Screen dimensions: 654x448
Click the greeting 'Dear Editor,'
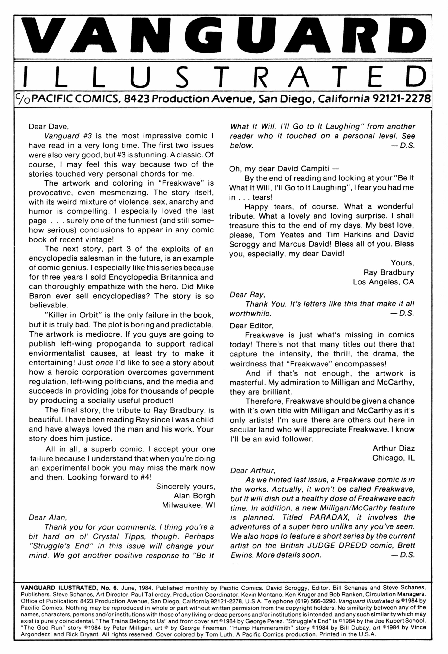click(x=252, y=326)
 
